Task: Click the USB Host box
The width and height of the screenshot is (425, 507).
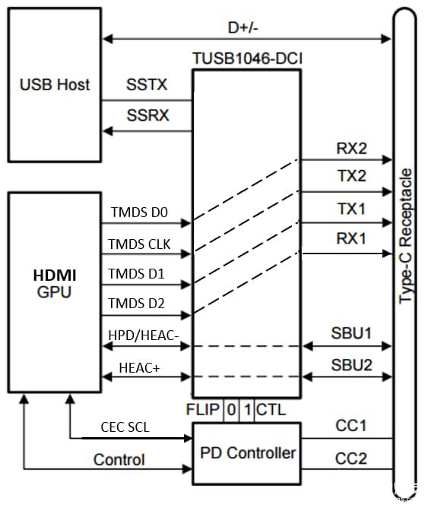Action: coord(54,83)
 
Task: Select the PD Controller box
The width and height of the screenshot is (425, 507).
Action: coord(248,453)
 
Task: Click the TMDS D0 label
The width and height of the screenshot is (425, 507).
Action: coord(138,213)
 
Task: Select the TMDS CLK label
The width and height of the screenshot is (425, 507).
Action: coord(141,244)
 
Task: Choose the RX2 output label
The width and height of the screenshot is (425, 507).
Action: coord(351,149)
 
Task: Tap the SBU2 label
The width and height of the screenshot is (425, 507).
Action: coord(351,365)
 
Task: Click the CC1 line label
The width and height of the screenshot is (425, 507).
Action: coord(351,427)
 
